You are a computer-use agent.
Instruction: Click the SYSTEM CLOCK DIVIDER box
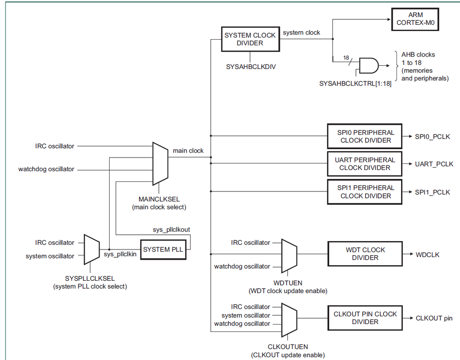(x=250, y=39)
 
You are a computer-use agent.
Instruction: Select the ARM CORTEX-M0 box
(x=415, y=19)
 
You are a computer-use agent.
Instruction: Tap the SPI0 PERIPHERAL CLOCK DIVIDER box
(x=364, y=136)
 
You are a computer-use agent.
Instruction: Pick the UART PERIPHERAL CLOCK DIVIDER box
(x=364, y=164)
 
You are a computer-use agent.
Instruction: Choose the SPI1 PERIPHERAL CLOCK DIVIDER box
(x=364, y=192)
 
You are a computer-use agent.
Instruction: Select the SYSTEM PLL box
(x=163, y=250)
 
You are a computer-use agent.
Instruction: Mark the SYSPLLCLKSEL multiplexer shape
(x=91, y=249)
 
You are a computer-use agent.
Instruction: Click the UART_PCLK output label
(x=434, y=164)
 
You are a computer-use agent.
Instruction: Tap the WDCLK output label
(x=427, y=254)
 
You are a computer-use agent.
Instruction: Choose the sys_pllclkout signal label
(x=171, y=229)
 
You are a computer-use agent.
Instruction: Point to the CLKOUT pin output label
(x=434, y=318)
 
